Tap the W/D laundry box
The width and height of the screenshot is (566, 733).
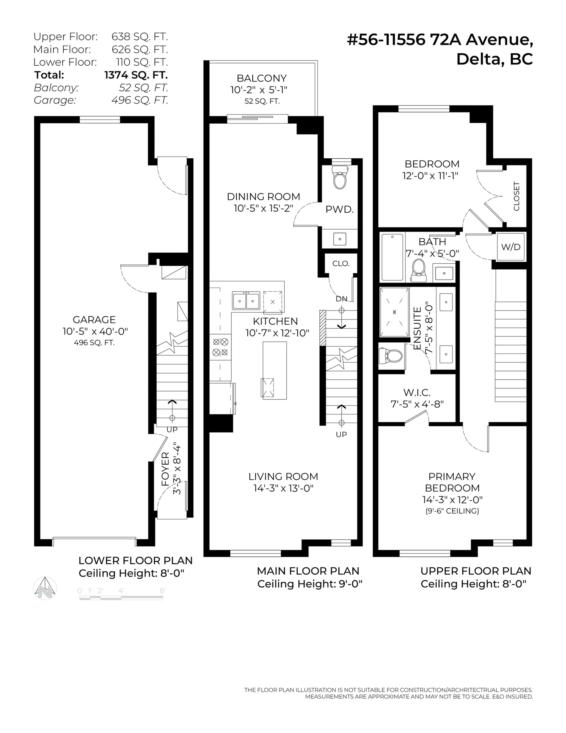tap(511, 247)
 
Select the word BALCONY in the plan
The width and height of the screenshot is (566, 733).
tap(262, 78)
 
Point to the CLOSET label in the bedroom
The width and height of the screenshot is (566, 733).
tap(516, 196)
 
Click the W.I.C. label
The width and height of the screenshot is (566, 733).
tap(417, 392)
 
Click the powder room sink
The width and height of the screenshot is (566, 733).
tap(340, 239)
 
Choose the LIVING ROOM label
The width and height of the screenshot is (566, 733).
tap(283, 477)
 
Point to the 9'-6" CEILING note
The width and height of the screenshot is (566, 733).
tap(452, 511)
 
